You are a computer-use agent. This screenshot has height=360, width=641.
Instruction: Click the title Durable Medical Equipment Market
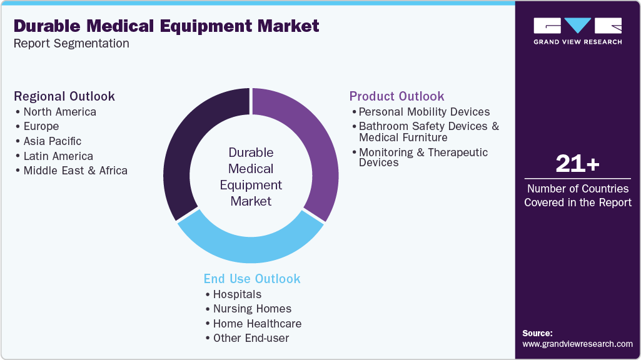[166, 26]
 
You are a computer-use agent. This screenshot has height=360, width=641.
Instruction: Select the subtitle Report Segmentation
[71, 44]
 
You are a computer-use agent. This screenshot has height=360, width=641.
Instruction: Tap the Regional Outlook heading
[64, 96]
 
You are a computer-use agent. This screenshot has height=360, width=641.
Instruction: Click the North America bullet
[59, 112]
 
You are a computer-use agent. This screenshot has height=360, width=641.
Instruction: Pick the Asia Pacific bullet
[52, 141]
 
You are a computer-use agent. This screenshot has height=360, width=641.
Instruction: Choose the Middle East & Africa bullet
[75, 171]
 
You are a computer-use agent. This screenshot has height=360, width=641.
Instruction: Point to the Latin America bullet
[58, 156]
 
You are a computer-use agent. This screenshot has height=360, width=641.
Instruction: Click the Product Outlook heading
[396, 96]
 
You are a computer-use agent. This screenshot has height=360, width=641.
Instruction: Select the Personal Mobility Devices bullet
[424, 112]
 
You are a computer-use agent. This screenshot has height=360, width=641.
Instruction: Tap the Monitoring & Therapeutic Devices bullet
[423, 157]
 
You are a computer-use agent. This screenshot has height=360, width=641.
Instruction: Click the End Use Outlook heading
[252, 279]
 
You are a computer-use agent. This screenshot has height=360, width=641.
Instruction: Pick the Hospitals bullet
[237, 294]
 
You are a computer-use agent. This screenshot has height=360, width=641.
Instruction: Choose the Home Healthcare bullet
[257, 324]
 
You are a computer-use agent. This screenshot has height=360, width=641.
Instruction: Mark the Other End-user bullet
[251, 338]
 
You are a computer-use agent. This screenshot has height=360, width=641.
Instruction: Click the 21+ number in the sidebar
[577, 165]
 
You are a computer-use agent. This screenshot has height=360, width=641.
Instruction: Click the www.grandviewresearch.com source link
[577, 344]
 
